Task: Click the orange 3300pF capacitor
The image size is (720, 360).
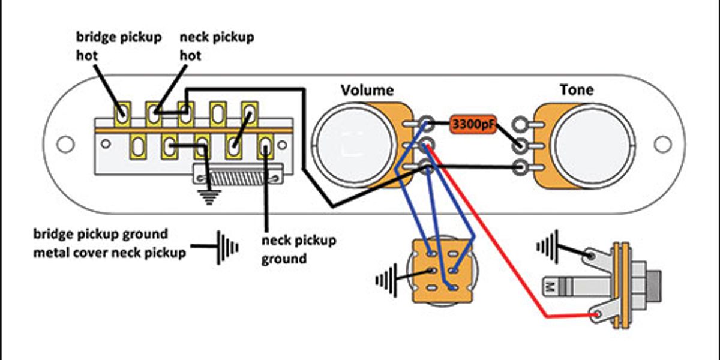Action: pos(473,124)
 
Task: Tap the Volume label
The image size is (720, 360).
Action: pos(367,91)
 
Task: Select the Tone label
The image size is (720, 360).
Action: pos(577,89)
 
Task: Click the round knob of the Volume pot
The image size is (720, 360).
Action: pos(355,145)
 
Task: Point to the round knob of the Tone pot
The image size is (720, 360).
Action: pos(593,146)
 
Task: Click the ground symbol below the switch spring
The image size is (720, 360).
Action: pos(209,197)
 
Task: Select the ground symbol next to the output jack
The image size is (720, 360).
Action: pos(547,247)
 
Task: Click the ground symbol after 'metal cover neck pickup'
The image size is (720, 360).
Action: pos(227,247)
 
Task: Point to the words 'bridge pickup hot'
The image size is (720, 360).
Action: pos(119,46)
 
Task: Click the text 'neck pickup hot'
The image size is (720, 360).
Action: pos(217,46)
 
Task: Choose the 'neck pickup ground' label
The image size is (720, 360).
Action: pos(299,250)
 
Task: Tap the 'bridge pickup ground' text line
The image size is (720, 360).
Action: pos(101,233)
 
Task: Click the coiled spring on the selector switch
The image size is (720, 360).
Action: pos(238,178)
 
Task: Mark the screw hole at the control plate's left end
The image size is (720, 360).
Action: pos(65,145)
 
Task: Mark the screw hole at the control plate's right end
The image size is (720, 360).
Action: pos(662,145)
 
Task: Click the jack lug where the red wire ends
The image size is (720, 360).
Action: pos(597,314)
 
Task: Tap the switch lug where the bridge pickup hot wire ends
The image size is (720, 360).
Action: pos(122,114)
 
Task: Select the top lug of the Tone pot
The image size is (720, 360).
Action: pos(520,124)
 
